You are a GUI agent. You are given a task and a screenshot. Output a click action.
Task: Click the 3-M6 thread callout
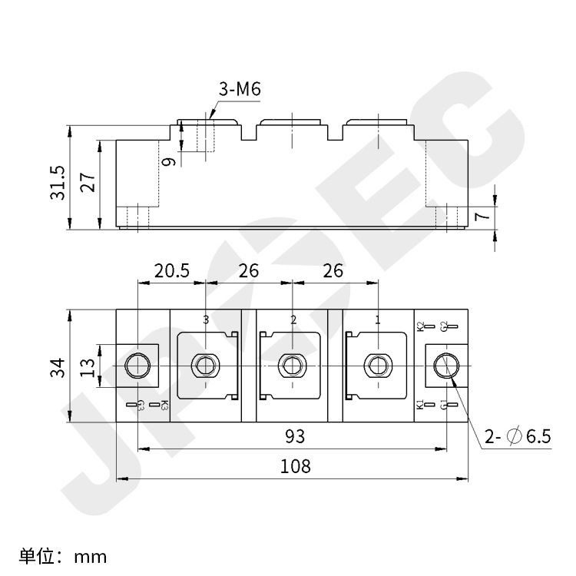point(240,89)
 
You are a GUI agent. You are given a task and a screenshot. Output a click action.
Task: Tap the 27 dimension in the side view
point(88,183)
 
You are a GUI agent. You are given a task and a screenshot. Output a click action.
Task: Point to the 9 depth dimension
point(170,161)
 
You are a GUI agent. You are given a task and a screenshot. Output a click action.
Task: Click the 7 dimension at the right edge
point(482,216)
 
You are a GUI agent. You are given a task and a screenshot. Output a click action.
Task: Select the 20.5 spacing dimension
point(171,270)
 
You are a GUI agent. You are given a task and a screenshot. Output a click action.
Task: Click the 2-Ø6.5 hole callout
point(518,437)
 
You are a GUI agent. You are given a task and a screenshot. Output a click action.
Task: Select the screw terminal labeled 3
point(205,365)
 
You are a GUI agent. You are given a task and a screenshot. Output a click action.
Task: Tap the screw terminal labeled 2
point(291,365)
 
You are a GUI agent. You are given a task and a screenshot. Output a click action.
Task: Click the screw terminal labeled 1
point(377,365)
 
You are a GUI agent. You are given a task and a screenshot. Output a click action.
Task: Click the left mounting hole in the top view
point(137,365)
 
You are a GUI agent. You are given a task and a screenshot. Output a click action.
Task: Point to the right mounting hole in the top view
point(445,365)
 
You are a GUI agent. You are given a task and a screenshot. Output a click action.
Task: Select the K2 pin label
point(420,326)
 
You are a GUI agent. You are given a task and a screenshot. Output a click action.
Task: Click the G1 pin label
point(444,405)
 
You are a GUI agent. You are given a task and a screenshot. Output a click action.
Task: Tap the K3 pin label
point(164,406)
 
